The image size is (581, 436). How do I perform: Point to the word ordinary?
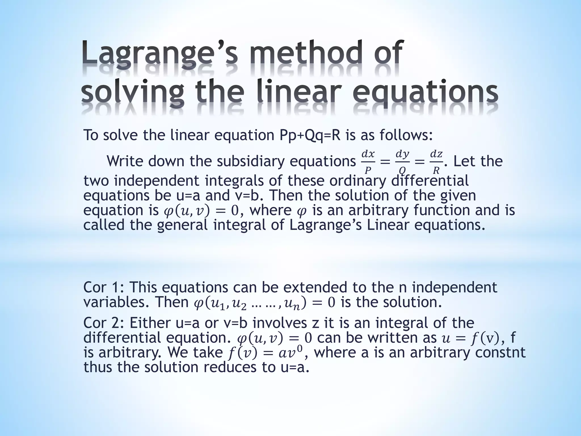click(357, 181)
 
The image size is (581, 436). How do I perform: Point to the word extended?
click(315, 287)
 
